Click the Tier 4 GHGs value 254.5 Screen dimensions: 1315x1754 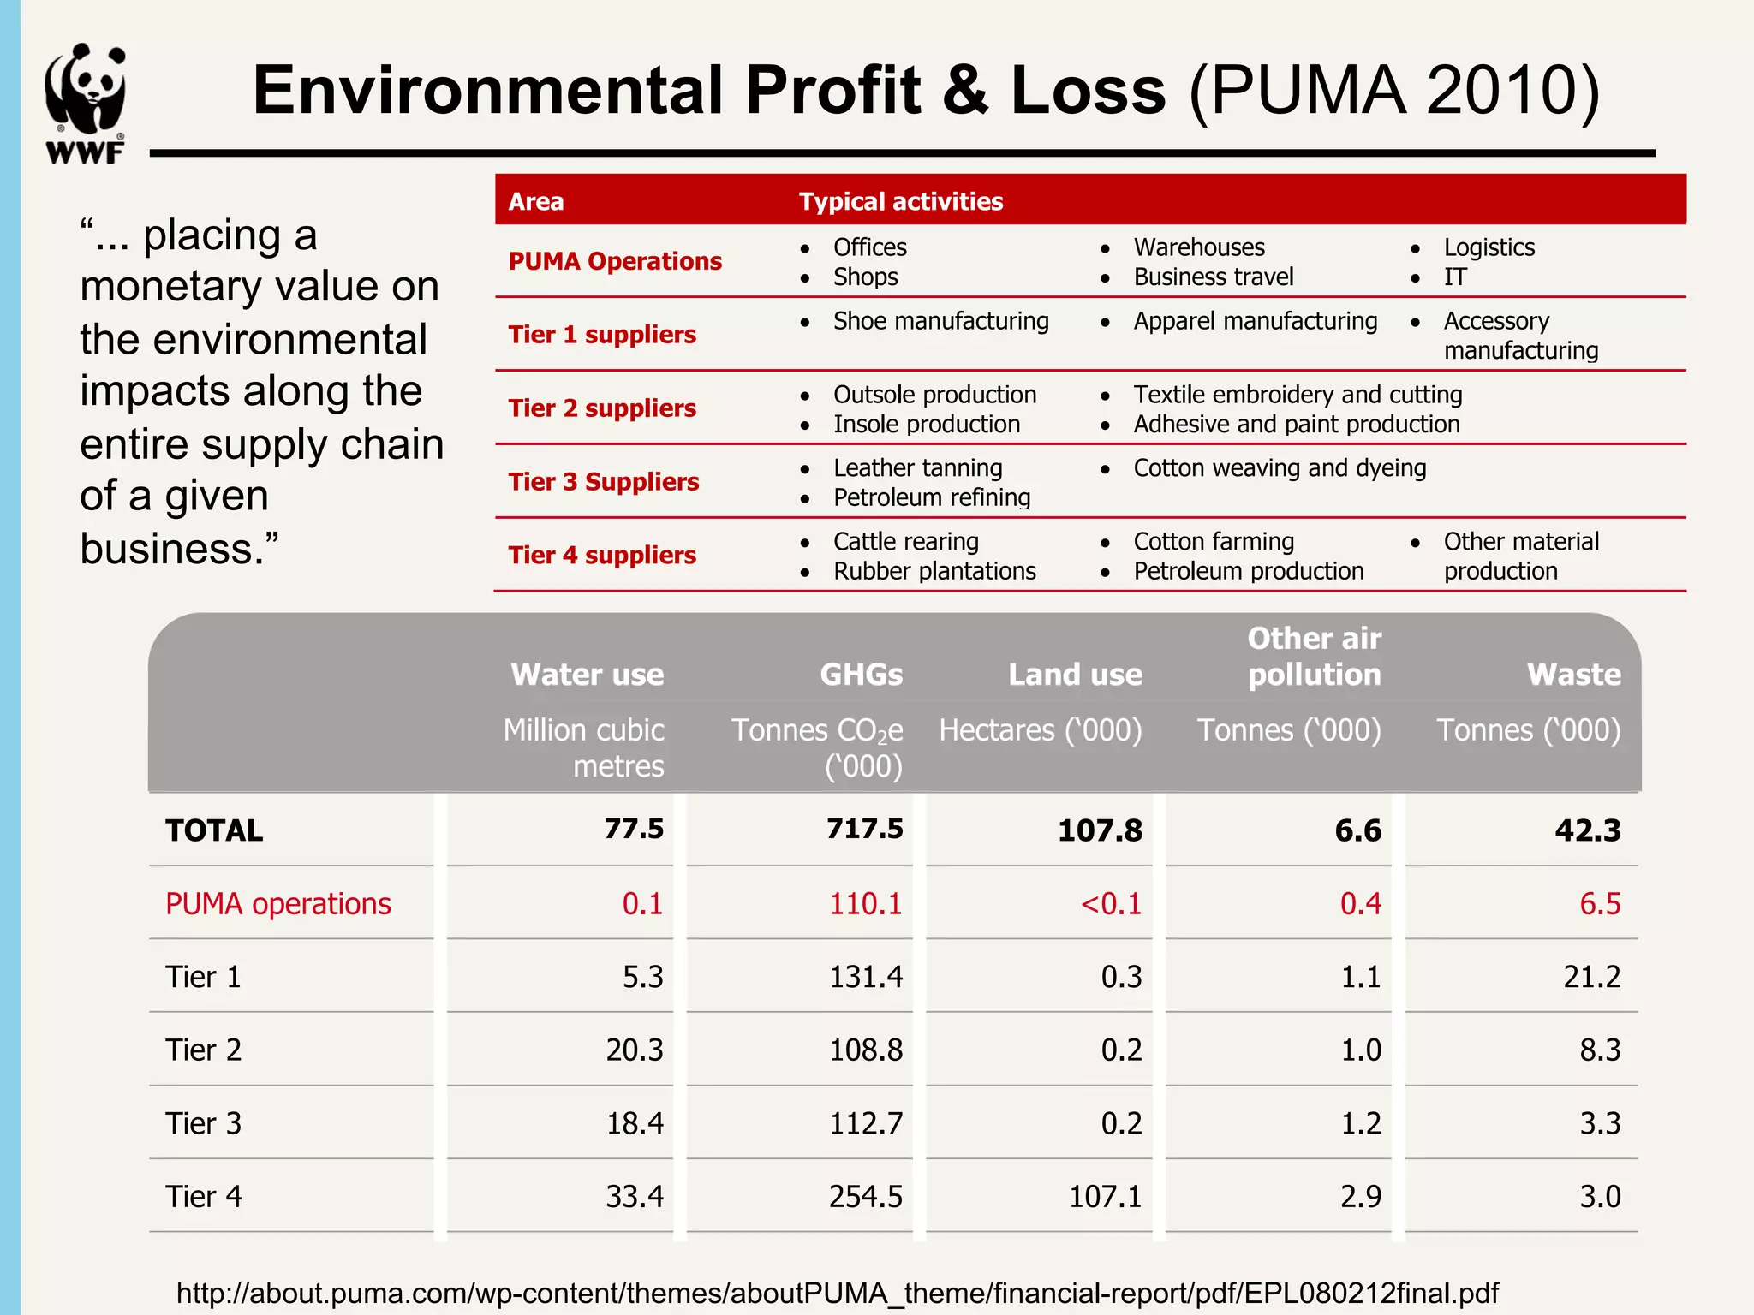coord(865,1196)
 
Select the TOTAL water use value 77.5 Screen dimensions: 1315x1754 coord(634,829)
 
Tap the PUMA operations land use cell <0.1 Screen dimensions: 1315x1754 coord(1111,903)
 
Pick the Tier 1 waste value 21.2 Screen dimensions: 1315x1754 coord(1591,977)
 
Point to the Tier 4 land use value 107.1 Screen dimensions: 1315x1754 coord(1105,1196)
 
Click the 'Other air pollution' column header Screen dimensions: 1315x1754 coord(1314,657)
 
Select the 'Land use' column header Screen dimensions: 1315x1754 coord(1075,675)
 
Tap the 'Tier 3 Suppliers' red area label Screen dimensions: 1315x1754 coord(603,481)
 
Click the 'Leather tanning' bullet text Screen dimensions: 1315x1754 coord(917,468)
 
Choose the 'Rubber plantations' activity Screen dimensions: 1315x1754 coord(934,571)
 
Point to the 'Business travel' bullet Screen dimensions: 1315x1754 coord(1213,277)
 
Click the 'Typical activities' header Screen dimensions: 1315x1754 coord(900,201)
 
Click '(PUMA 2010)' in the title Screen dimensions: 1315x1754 coord(1393,91)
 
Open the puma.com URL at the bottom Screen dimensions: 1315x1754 coord(837,1293)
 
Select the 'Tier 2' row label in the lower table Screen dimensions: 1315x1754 coord(203,1050)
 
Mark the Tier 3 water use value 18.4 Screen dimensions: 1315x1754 coord(635,1123)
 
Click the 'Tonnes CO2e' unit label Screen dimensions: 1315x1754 coord(816,730)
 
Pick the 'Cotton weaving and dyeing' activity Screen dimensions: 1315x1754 coord(1280,468)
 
